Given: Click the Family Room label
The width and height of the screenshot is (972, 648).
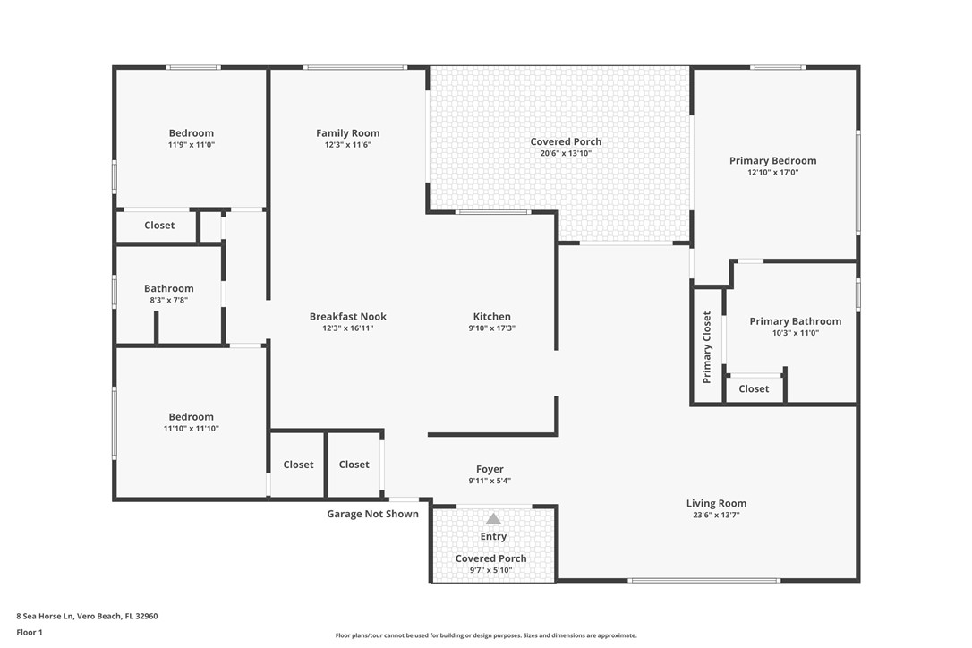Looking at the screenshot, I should [348, 133].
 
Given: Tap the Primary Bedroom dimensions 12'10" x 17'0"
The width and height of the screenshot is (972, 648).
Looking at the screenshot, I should [772, 173].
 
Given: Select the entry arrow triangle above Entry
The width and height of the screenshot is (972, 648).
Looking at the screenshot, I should [493, 519].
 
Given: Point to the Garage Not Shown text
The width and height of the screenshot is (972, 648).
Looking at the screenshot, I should [372, 514].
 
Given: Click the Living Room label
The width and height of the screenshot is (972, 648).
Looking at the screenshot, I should [716, 503].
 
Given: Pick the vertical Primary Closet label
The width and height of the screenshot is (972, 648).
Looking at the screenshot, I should [707, 347].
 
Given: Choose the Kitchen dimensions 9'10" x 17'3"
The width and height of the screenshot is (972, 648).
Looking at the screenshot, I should [491, 328].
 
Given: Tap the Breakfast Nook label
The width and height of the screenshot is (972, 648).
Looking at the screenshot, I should [348, 316].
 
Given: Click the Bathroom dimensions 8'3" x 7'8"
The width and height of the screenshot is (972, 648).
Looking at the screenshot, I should [168, 301].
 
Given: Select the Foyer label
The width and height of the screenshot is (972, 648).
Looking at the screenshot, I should [490, 469].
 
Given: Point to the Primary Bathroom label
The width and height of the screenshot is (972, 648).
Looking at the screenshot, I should [795, 321].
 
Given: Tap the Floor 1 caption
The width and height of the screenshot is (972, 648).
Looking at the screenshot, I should [30, 632].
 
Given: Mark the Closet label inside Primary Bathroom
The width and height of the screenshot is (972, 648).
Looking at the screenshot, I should [754, 388].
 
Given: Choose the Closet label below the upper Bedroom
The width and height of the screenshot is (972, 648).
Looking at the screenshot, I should [159, 226].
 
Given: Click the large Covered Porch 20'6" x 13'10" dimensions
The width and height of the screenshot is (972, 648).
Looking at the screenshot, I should [566, 153].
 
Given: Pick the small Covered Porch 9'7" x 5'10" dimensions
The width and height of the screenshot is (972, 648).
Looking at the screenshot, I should [490, 570].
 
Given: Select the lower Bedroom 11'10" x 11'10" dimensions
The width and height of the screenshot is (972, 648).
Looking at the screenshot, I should [191, 429].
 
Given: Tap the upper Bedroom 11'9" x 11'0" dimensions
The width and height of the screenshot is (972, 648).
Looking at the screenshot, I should [191, 145].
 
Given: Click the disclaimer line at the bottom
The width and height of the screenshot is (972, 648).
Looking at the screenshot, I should [486, 635].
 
